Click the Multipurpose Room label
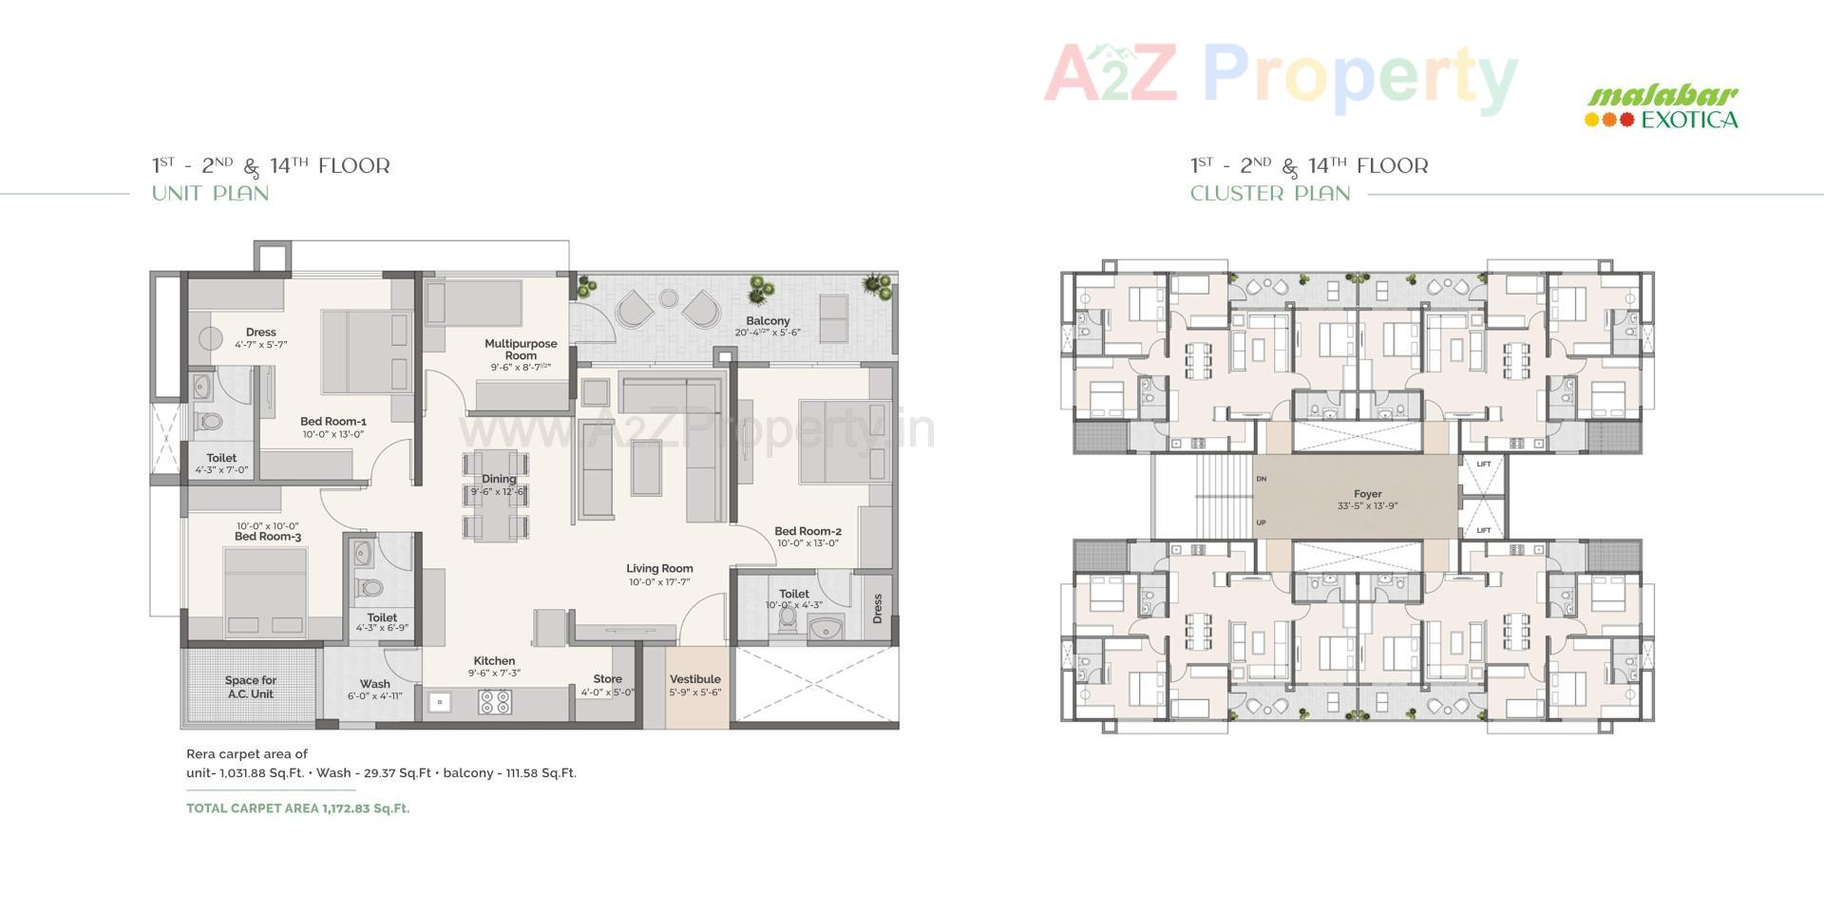click(521, 350)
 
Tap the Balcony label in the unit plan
click(768, 321)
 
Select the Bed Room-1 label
click(333, 422)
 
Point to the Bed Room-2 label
click(807, 532)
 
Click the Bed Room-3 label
click(268, 537)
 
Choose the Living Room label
click(659, 569)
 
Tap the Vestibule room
click(695, 684)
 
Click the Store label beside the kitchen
click(608, 679)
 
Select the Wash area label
click(375, 684)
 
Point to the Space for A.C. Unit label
click(251, 687)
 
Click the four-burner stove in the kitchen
click(495, 702)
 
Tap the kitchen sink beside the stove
click(440, 702)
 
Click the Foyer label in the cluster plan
click(1368, 495)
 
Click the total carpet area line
click(298, 808)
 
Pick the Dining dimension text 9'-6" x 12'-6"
click(498, 492)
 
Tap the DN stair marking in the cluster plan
click(1262, 479)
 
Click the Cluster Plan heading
click(1270, 194)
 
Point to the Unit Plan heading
click(211, 194)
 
